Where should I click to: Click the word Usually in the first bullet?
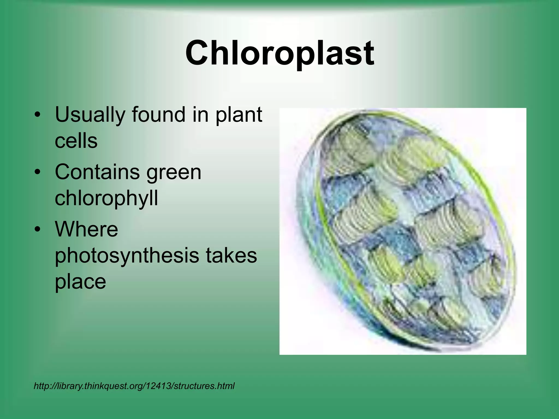tap(90, 115)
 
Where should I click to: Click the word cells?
tap(76, 141)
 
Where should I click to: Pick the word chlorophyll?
tap(106, 198)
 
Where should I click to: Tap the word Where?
tap(87, 229)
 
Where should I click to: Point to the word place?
tap(80, 282)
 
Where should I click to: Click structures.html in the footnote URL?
tap(204, 386)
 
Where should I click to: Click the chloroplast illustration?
tap(403, 231)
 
